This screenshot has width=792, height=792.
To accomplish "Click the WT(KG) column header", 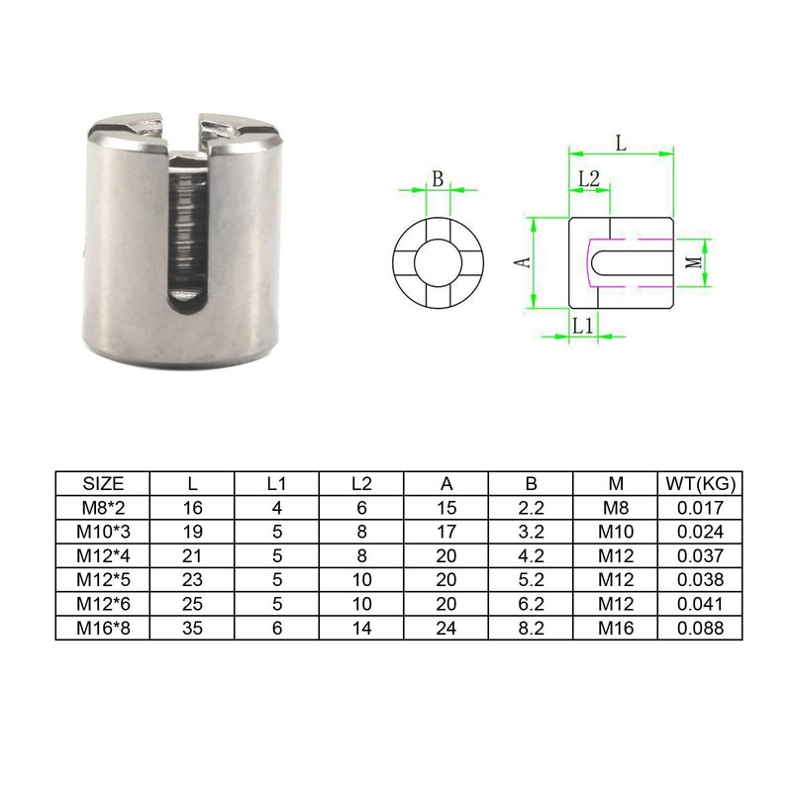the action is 700,484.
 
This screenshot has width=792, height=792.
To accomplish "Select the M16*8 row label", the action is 103,628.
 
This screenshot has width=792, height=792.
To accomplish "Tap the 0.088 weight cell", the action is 700,628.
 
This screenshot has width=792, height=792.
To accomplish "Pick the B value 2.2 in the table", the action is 531,508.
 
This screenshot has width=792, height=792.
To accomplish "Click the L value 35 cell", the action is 192,628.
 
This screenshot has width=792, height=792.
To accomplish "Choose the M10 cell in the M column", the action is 616,532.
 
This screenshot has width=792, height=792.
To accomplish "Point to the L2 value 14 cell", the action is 361,628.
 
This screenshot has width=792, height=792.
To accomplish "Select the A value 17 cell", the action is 446,532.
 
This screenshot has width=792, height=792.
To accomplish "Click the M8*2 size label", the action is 103,508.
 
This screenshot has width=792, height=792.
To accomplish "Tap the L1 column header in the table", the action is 277,484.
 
